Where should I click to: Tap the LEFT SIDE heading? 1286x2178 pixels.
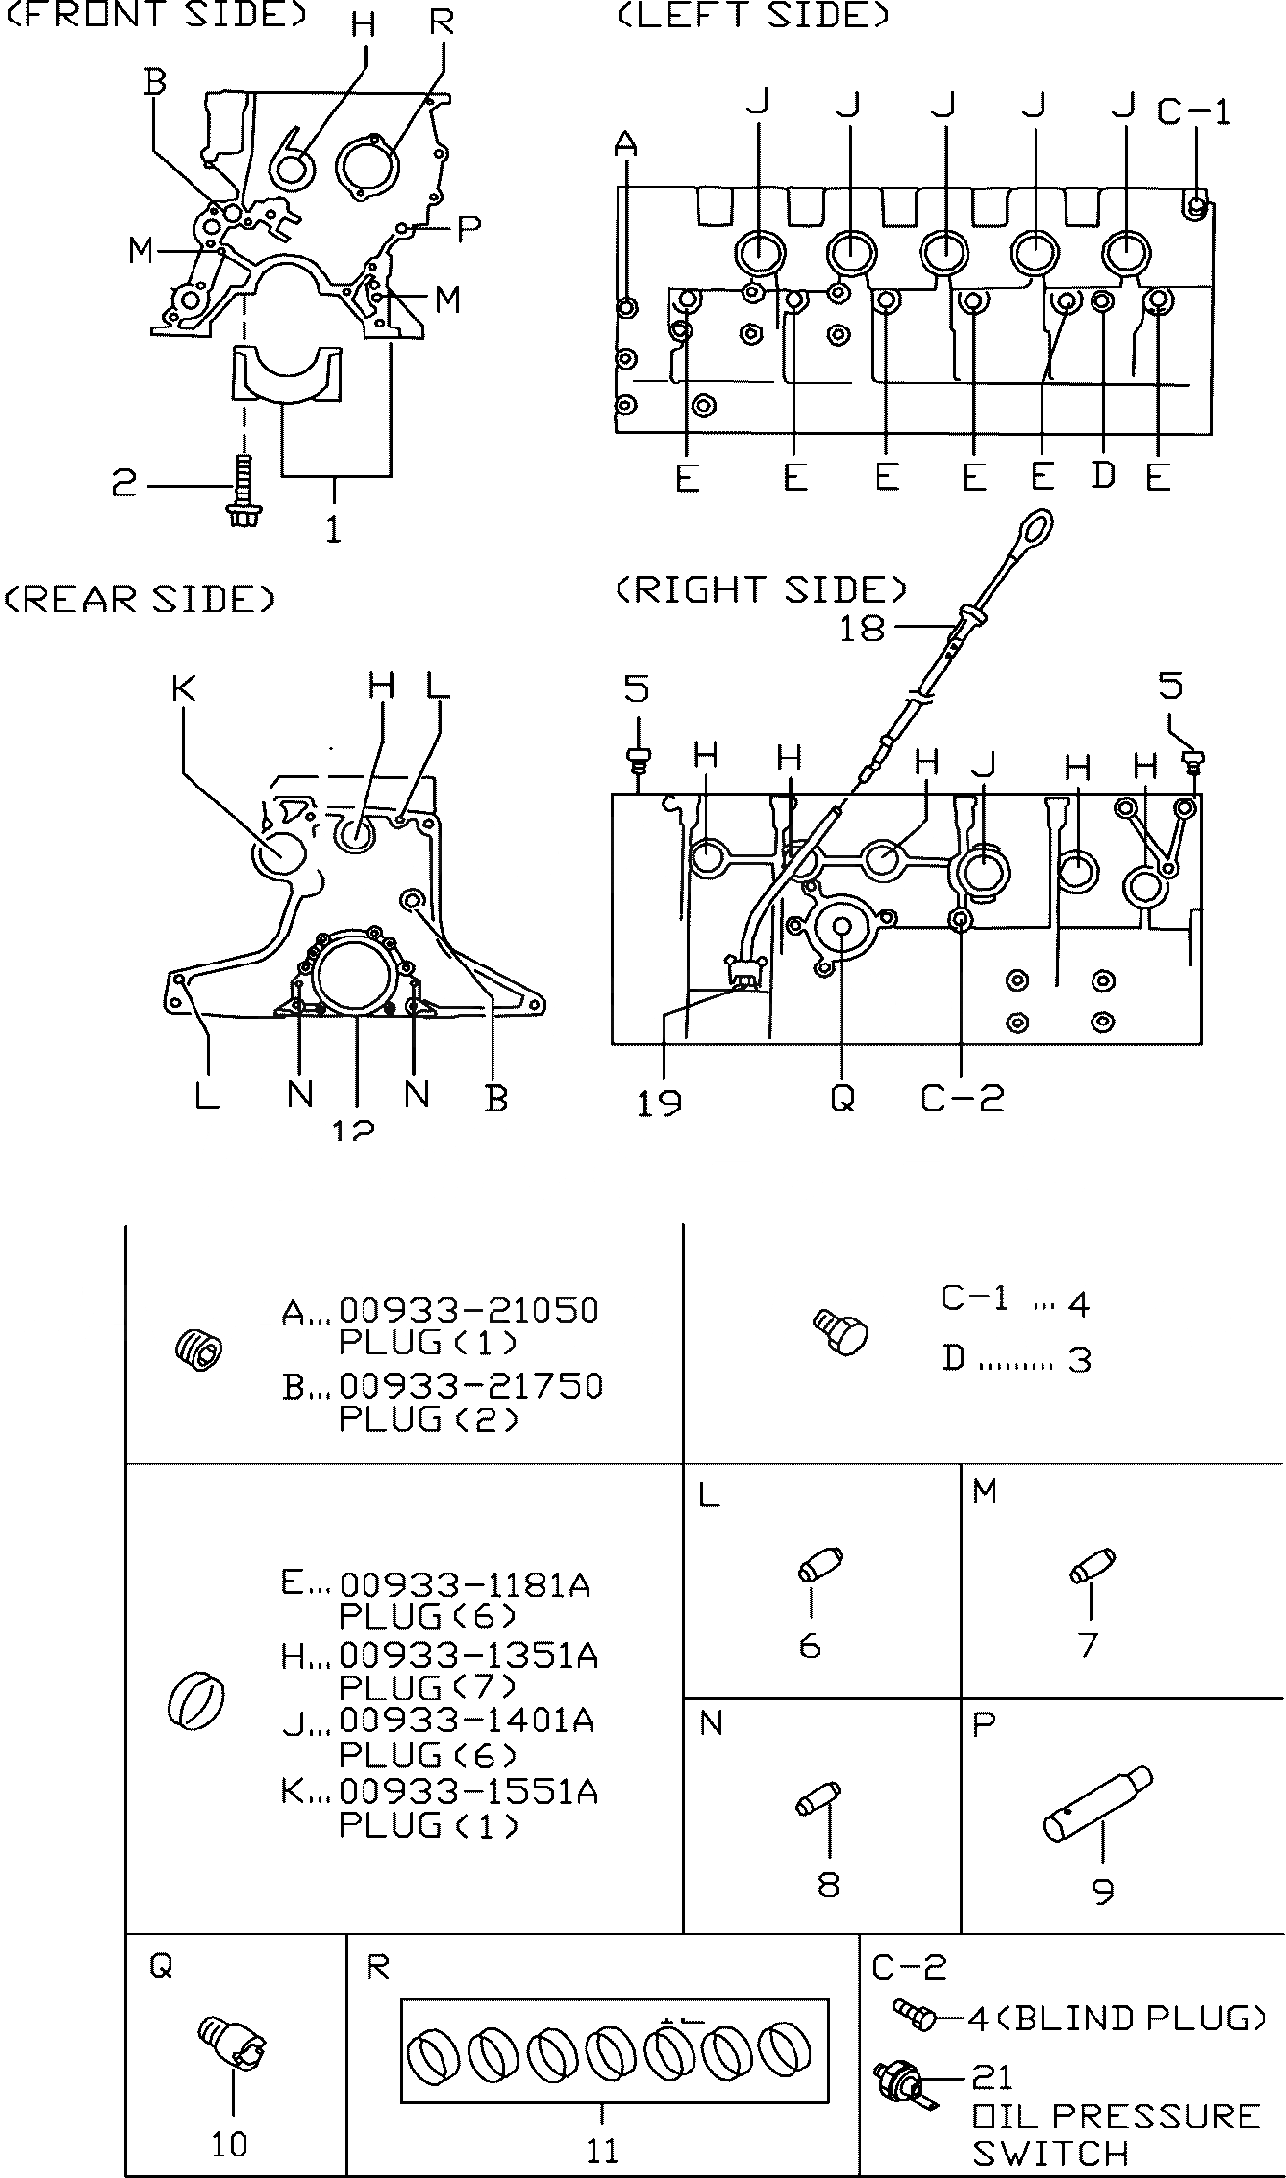pos(753,17)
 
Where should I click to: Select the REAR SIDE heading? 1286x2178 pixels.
pos(140,598)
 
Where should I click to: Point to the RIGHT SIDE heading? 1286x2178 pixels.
pos(761,589)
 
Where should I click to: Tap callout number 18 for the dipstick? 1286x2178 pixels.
pos(862,628)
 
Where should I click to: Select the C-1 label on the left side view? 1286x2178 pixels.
pos(1193,111)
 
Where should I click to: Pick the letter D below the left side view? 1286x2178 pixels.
pos(1103,476)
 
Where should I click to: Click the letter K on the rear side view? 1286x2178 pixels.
pos(183,688)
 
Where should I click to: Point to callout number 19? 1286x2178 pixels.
pos(660,1103)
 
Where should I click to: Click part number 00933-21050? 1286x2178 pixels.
pos(468,1310)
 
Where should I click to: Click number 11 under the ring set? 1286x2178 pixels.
pos(602,2152)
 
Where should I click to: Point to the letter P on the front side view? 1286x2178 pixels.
pos(469,229)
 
